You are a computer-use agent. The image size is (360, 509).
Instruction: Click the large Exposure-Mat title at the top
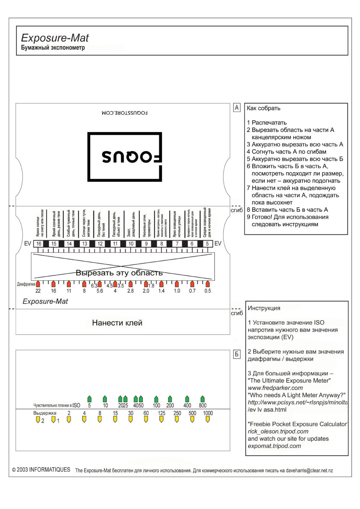pos(55,38)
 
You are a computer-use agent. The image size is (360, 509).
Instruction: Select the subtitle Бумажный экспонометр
pos(53,47)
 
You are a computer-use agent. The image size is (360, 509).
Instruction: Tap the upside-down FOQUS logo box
pos(124,157)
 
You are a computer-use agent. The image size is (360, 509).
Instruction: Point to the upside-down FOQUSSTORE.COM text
pos(125,113)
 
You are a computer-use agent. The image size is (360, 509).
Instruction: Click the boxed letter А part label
pos(237,108)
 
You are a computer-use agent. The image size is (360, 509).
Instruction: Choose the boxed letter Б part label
pos(237,354)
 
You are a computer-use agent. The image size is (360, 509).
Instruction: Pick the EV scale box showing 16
pos(39,244)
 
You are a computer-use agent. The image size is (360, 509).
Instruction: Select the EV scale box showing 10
pos(131,244)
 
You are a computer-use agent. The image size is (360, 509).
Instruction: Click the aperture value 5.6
pos(100,291)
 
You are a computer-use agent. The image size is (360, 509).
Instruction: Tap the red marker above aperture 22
pos(38,284)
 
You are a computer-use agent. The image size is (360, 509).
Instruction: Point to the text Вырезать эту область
pos(119,273)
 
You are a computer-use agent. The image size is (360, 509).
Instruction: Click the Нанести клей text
pos(117,323)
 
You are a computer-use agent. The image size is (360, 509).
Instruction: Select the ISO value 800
pos(203,405)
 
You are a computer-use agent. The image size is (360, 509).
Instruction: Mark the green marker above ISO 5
pos(89,398)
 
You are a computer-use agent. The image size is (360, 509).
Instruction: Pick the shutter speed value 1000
pos(208,413)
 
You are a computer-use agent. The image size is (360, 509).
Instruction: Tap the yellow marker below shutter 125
pos(161,420)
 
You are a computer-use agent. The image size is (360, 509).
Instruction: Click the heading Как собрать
pos(263,108)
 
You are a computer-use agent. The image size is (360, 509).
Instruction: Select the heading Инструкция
pos(264,308)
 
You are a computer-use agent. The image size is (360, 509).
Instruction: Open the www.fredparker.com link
pos(275,388)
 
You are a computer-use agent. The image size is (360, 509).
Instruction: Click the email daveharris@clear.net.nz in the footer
pos(309,470)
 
